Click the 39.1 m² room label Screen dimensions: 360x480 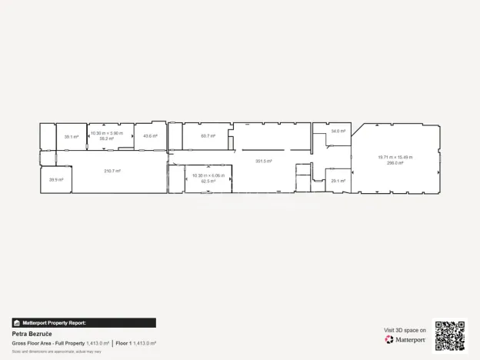click(71, 137)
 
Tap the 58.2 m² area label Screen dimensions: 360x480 click(106, 139)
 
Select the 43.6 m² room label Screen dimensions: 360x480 click(150, 136)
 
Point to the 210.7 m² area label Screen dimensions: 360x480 click(112, 171)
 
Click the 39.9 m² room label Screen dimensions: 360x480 click(55, 179)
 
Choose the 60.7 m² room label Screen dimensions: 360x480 click(208, 136)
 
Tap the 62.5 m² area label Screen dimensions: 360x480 click(208, 181)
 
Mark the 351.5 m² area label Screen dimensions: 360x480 click(264, 161)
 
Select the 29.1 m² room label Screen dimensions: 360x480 click(338, 181)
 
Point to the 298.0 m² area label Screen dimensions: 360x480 click(395, 162)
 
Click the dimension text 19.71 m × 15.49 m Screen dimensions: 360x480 click(395, 157)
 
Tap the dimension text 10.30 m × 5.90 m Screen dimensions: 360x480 click(106, 134)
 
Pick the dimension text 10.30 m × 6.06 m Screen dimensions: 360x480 click(208, 175)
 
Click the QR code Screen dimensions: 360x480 click(450, 335)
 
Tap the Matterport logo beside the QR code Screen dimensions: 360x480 click(405, 339)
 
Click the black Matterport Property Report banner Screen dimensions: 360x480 click(84, 323)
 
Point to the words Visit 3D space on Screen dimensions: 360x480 click(405, 330)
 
